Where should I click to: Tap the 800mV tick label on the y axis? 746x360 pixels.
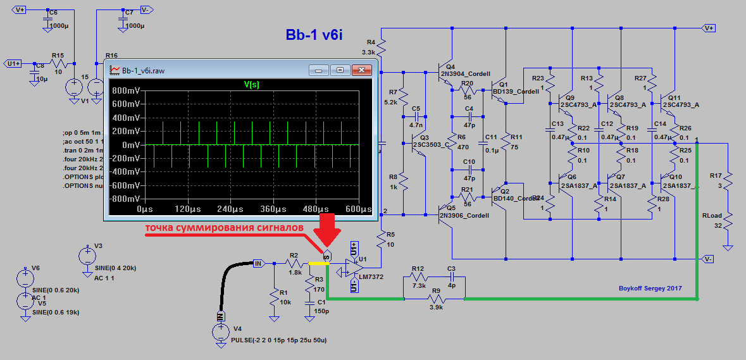[125, 90]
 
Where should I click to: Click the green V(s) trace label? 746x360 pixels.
[251, 84]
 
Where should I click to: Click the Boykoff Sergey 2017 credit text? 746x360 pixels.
[650, 289]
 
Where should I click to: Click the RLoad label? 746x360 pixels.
[713, 215]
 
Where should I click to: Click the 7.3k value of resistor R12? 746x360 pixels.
[418, 287]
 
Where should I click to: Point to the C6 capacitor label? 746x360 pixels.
[53, 13]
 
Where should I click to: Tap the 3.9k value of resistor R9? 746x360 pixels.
[436, 307]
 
